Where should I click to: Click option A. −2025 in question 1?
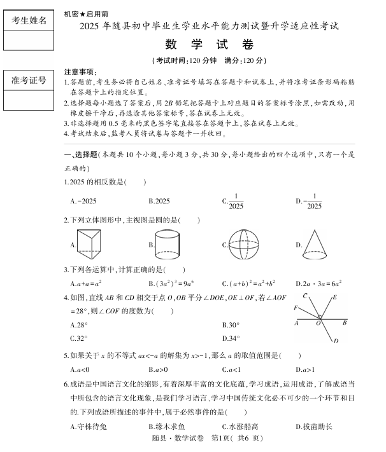pos(83,201)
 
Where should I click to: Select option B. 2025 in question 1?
pos(159,201)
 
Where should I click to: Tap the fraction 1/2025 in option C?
pos(236,201)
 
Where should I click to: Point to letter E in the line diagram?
pos(334,297)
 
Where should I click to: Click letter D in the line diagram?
pos(335,341)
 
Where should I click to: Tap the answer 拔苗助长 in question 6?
pos(317,427)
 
